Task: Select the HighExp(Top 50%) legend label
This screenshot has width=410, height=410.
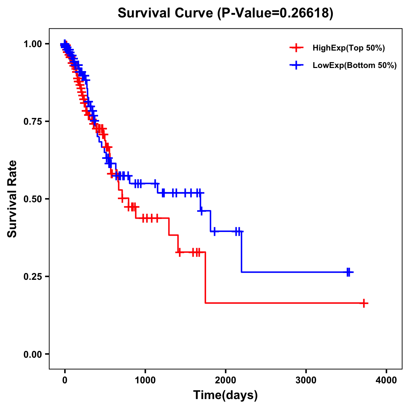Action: point(348,48)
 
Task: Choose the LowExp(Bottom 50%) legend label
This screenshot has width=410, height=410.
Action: point(355,65)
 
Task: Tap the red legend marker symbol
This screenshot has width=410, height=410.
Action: point(296,48)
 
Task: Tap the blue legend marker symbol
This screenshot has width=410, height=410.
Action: point(296,65)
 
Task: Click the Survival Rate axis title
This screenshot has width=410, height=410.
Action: point(12,199)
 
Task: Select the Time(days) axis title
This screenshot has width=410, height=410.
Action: point(225,395)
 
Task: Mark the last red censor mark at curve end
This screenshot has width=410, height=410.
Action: point(364,303)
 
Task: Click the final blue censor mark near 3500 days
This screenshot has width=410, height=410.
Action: point(348,272)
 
